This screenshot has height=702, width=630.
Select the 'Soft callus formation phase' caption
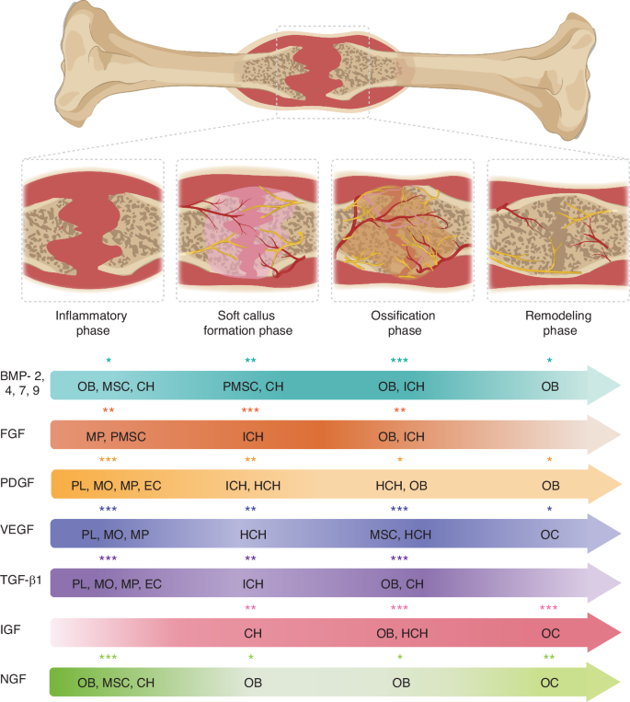point(246,323)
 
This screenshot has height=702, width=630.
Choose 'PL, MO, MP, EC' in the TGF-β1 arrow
point(116,583)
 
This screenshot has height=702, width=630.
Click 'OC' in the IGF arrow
point(550,633)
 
